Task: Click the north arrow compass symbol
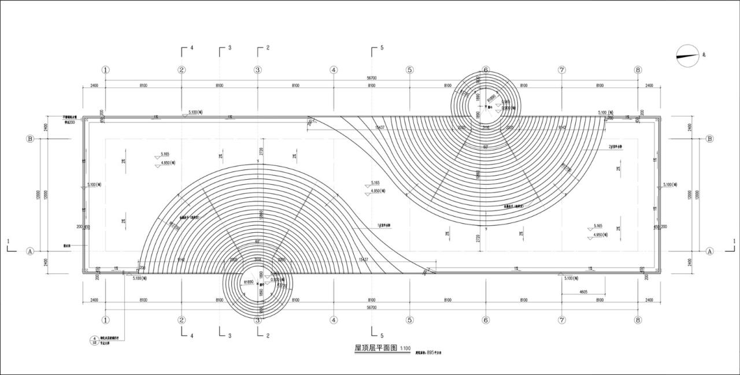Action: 688,56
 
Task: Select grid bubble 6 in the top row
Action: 486,70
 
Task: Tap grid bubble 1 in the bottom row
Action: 105,320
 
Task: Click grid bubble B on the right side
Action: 710,139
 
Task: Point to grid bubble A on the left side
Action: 30,251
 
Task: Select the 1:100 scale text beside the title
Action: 405,349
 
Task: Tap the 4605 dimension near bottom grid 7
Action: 583,292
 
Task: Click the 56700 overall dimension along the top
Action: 372,77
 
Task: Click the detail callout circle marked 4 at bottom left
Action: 94,339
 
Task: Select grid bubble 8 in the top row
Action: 638,70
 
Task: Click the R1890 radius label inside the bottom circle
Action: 249,282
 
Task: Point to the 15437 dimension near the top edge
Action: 380,127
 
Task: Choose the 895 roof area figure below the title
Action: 431,351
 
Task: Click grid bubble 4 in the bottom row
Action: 334,320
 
